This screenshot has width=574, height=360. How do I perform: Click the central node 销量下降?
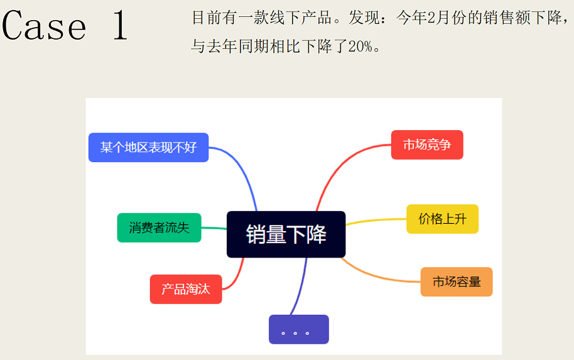click(x=286, y=234)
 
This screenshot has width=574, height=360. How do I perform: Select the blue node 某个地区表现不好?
click(x=148, y=148)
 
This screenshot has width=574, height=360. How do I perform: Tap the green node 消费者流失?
click(x=159, y=227)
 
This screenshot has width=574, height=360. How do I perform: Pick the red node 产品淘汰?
click(x=185, y=289)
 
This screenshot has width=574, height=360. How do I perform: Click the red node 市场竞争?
click(x=427, y=145)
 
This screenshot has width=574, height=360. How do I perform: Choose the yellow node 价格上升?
click(x=442, y=219)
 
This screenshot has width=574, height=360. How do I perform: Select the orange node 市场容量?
click(x=457, y=281)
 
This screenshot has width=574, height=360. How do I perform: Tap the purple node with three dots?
click(x=298, y=329)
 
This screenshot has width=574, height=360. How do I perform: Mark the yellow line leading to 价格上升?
click(x=377, y=221)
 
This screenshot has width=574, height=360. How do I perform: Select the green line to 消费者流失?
click(x=214, y=228)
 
